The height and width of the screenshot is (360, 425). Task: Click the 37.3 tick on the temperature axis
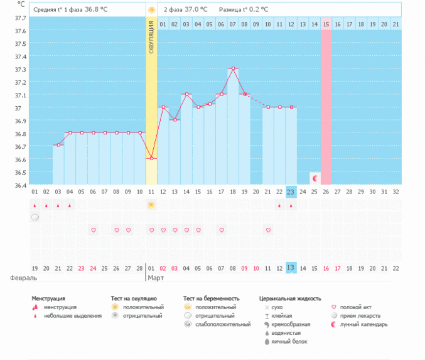point(20,69)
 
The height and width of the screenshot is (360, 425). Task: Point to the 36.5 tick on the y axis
point(20,172)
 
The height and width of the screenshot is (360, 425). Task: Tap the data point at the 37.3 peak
point(232,68)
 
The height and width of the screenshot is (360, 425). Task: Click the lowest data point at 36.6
point(151,159)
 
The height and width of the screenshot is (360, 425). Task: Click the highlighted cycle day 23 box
point(291,192)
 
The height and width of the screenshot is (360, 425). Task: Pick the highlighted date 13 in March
point(291,268)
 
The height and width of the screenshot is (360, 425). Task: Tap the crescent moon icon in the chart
point(315,178)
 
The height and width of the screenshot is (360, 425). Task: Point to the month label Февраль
point(23,277)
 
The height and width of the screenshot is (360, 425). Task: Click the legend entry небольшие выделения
point(72,315)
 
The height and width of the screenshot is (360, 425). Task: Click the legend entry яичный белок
point(289,341)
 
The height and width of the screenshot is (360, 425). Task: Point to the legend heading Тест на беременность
point(212,298)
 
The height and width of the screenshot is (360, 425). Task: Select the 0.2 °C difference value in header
point(257,9)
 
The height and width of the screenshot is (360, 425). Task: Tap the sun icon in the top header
point(151,9)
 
